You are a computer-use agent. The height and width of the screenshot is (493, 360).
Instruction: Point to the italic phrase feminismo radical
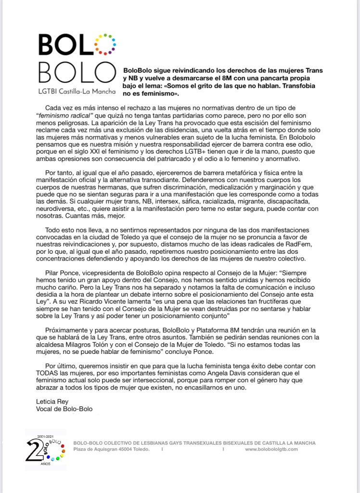click(x=64, y=115)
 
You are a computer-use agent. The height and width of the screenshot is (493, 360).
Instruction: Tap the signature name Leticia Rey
click(x=52, y=401)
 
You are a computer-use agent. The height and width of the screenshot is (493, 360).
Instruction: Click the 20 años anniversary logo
click(x=46, y=449)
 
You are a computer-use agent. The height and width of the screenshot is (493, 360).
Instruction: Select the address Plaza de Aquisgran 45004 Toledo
click(x=111, y=449)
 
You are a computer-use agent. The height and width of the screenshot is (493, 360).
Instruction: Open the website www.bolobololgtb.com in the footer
click(x=271, y=449)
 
